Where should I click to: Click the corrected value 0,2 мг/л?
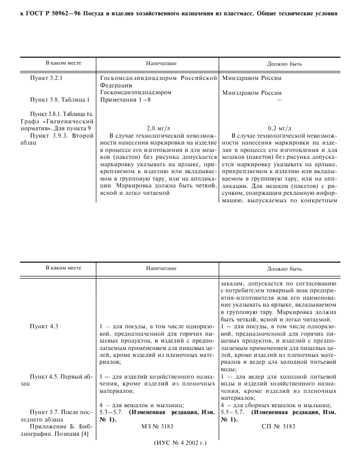click(279, 128)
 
